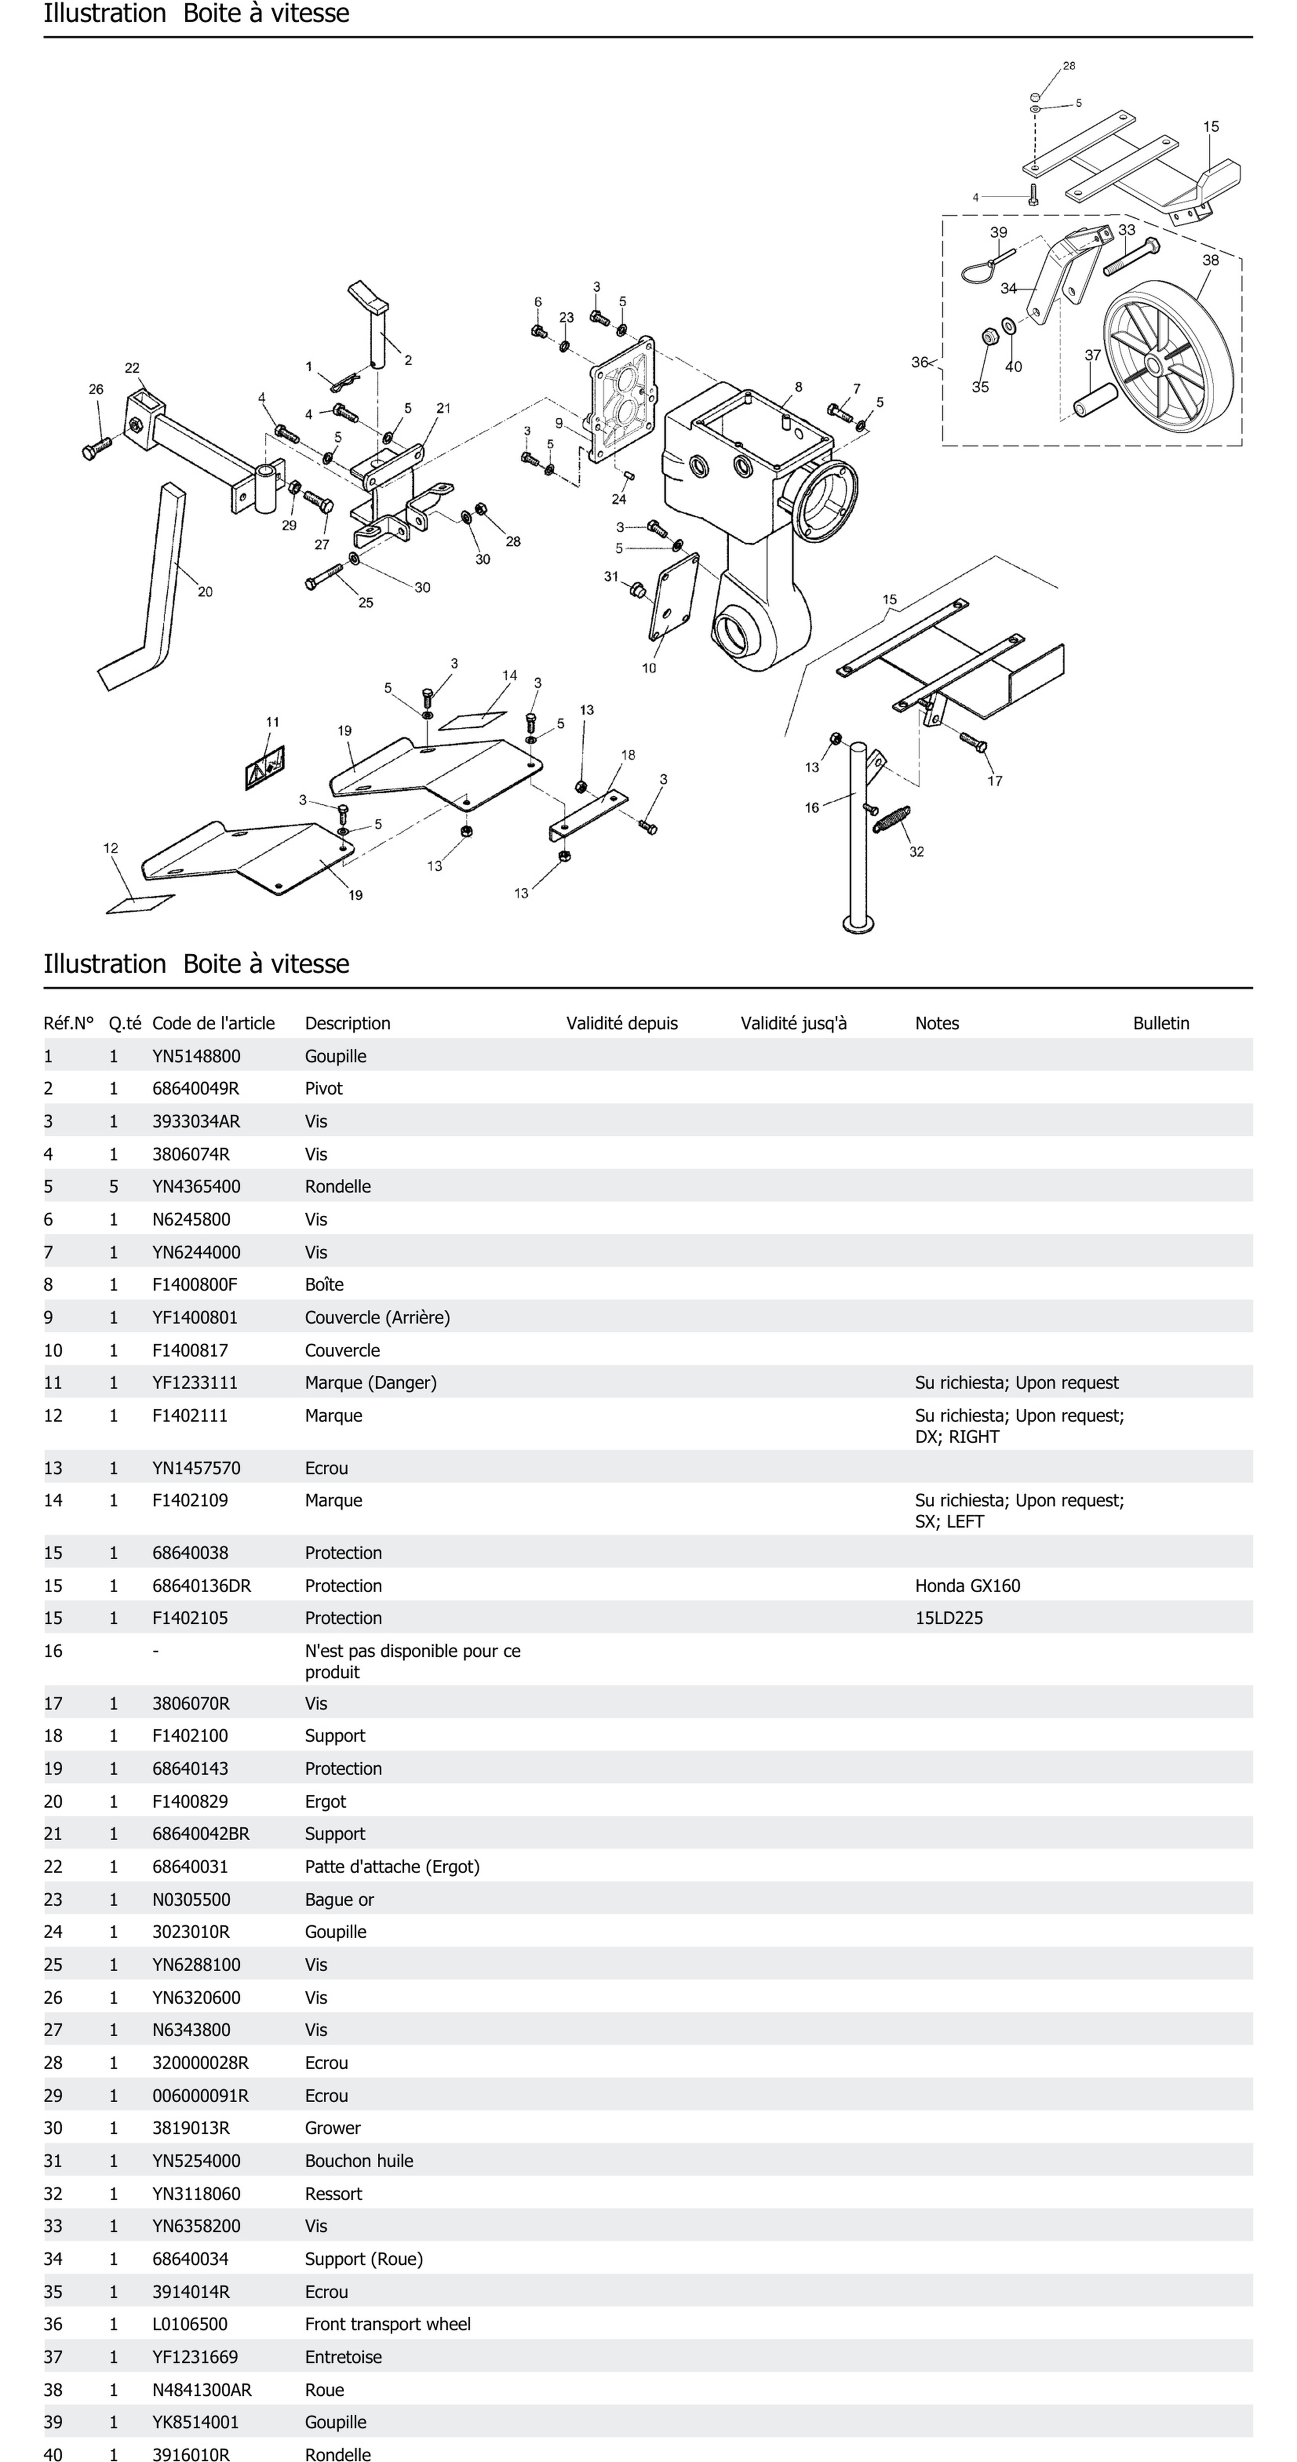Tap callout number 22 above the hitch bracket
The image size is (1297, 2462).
point(132,368)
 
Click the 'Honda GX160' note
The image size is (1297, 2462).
point(967,1586)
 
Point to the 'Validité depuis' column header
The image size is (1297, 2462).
point(621,1023)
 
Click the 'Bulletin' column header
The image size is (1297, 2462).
point(1160,1023)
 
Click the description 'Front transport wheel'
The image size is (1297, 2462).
point(387,2324)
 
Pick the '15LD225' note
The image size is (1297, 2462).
point(948,1618)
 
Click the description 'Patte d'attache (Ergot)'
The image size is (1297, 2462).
point(392,1867)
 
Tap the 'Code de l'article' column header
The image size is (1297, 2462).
point(213,1023)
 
